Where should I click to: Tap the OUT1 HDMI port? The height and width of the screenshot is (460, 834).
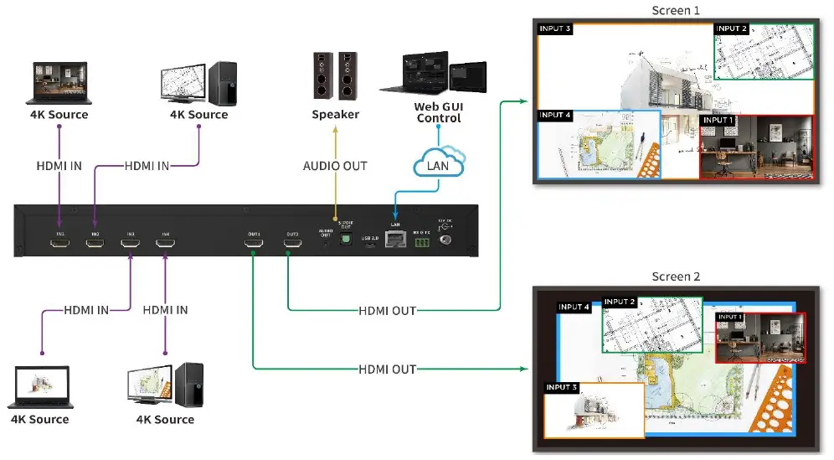[254, 243]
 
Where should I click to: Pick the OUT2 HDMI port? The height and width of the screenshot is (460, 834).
[292, 243]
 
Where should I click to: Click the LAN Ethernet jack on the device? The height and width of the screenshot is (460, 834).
[394, 241]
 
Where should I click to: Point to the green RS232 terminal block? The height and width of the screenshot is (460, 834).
[421, 242]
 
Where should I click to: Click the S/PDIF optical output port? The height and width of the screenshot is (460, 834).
[346, 239]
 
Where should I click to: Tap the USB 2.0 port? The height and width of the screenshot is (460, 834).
[370, 246]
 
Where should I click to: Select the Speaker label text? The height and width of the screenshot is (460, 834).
[335, 114]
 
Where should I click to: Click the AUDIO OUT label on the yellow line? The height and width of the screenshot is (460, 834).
[335, 166]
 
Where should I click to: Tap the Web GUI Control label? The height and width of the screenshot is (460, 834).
[438, 112]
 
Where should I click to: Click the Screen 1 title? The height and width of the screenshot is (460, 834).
[675, 10]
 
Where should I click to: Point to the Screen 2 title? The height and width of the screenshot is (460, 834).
[675, 277]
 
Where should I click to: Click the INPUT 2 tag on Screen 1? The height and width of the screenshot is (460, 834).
[732, 28]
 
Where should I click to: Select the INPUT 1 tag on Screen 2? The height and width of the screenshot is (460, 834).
[730, 317]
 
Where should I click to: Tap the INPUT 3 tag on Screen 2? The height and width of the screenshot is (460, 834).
[562, 387]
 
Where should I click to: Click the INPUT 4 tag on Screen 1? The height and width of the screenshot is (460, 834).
[555, 115]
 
